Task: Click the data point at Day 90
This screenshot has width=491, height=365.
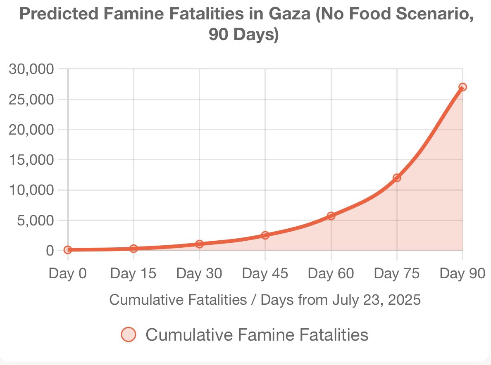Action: point(462,87)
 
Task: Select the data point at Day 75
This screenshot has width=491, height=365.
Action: point(397,178)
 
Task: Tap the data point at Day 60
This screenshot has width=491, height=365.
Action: point(331,216)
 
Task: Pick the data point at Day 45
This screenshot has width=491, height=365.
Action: point(265,235)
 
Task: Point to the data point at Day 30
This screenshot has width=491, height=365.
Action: point(200,244)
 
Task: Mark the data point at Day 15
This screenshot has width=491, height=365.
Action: point(133,249)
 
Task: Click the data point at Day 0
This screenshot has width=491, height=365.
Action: point(68,250)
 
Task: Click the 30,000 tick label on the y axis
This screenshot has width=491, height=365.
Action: point(31,69)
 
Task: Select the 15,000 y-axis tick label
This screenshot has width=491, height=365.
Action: point(31,160)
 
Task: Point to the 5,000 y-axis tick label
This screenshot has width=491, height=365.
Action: point(35,220)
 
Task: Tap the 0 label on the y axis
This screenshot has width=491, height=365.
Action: point(50,251)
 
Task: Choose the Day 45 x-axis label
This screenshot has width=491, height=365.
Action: point(265,273)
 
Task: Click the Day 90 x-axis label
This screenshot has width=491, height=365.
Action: point(462,273)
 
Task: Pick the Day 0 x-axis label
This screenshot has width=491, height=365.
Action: point(68,273)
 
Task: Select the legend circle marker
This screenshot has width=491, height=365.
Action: point(128,334)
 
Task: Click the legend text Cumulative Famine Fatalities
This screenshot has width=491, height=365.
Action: point(257,334)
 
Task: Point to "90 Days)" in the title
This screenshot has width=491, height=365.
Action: point(244,35)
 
